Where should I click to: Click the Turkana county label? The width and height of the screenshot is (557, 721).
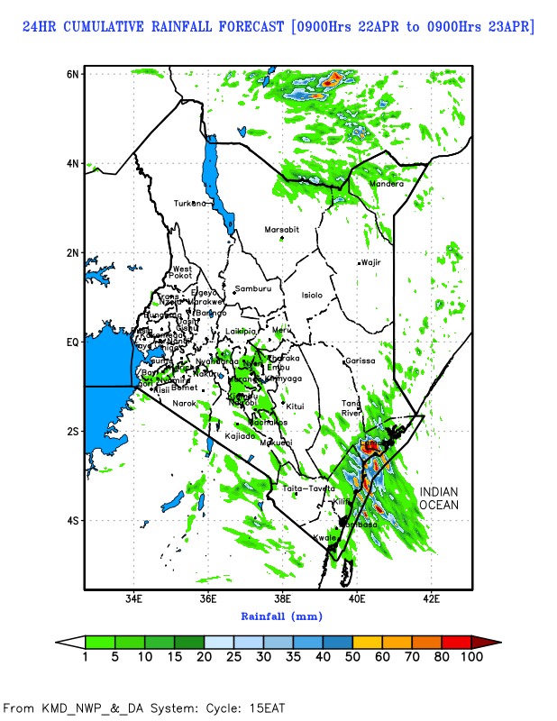click(190, 203)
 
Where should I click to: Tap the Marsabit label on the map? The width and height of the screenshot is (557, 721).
click(281, 230)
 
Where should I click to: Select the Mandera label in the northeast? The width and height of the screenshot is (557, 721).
click(387, 185)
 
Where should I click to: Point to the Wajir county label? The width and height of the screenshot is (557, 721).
click(371, 262)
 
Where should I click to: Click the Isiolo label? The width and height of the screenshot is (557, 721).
click(311, 295)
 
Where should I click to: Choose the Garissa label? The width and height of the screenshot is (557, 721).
click(360, 360)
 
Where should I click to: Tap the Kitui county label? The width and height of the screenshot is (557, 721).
click(295, 406)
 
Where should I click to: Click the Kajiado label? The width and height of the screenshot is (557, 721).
click(241, 435)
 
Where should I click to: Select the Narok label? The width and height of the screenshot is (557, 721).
click(184, 403)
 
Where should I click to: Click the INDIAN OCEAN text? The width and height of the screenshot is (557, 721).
click(438, 498)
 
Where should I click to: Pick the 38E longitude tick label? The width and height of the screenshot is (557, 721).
click(282, 598)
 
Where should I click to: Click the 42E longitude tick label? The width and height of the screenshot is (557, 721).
click(431, 598)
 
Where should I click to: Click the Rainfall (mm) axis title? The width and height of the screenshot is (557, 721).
click(281, 616)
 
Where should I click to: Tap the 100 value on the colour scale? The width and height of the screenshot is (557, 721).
click(472, 657)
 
